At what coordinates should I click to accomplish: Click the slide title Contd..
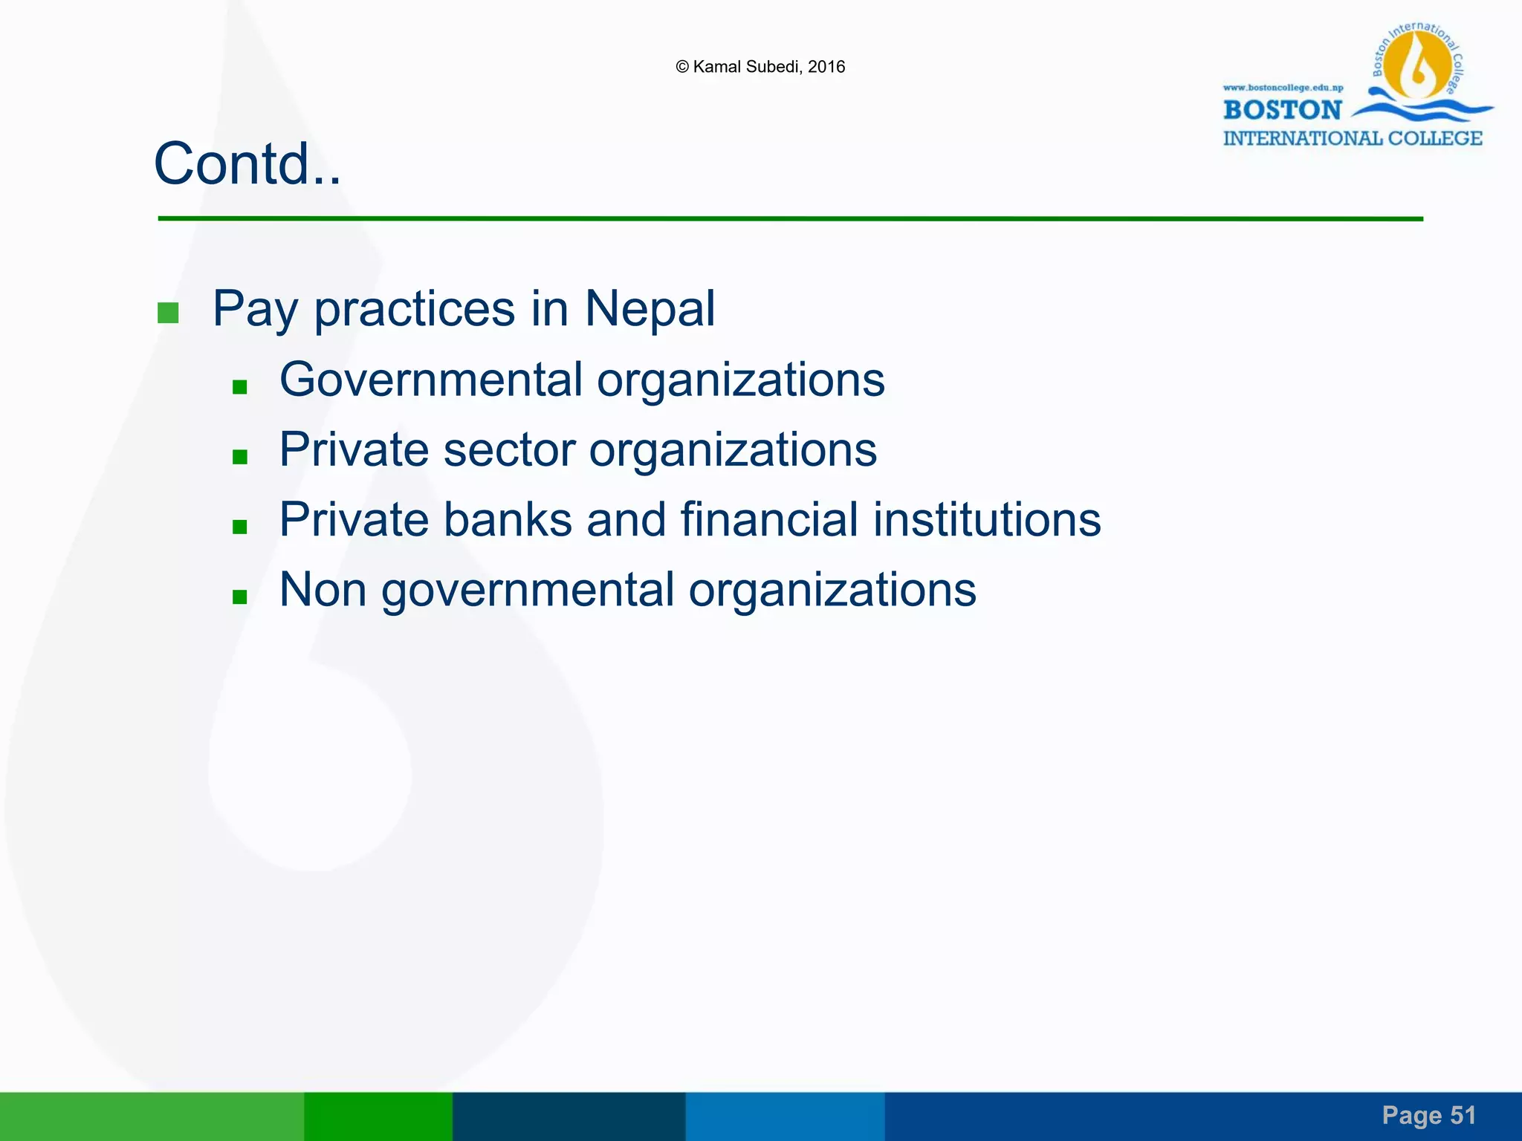coord(247,164)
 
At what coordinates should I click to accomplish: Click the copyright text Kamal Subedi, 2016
coord(760,67)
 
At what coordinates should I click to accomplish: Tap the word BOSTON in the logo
coord(1282,110)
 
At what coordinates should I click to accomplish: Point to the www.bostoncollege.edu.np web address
coord(1283,88)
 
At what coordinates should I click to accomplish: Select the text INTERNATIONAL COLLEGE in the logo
coord(1352,139)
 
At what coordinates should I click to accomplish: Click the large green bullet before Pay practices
coord(168,313)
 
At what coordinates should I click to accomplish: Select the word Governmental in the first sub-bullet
coord(431,380)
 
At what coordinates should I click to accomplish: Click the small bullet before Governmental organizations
coord(239,386)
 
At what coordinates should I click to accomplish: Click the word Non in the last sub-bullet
coord(323,590)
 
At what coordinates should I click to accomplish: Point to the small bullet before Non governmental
coord(239,596)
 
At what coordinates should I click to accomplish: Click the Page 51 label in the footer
coord(1428,1115)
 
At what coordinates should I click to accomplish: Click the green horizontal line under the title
coord(790,218)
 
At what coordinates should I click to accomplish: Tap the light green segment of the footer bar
coord(152,1116)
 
